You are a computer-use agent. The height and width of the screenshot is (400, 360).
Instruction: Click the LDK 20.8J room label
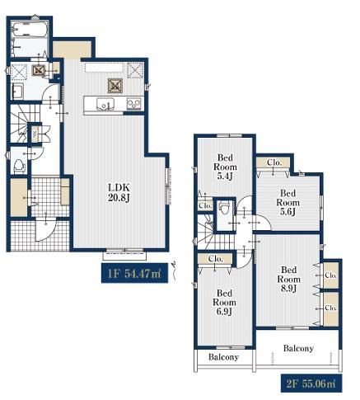pos(119,192)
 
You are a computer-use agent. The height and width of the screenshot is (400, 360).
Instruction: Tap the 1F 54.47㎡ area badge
pos(134,273)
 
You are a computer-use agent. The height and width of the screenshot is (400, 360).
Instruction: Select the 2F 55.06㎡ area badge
pos(311,384)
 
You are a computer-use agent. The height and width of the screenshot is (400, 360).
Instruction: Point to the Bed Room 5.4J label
pos(225,167)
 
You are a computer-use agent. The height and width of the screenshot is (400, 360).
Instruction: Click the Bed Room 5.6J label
pos(288,203)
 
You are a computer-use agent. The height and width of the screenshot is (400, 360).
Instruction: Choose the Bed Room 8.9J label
pos(288,279)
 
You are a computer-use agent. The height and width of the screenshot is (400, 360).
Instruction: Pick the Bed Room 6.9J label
pos(224,302)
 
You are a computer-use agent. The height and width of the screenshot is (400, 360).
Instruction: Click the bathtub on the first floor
pos(30,29)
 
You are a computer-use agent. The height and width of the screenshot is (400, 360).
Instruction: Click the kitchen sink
pos(105,104)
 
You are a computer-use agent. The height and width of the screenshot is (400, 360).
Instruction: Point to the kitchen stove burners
pos(133,104)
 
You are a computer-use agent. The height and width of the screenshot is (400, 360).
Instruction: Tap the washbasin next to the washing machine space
pos(18,92)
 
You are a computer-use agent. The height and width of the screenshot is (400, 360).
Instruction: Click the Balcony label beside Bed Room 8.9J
pos(298,348)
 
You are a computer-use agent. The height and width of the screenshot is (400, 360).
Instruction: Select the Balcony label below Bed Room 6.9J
pos(223,357)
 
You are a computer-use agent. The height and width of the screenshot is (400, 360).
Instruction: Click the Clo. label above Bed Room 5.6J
pos(274,162)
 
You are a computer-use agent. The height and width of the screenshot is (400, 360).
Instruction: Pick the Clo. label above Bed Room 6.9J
pos(216,259)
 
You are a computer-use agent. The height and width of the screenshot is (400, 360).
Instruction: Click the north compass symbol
pos(173,270)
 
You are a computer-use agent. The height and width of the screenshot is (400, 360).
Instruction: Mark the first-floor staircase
pos(21,124)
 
